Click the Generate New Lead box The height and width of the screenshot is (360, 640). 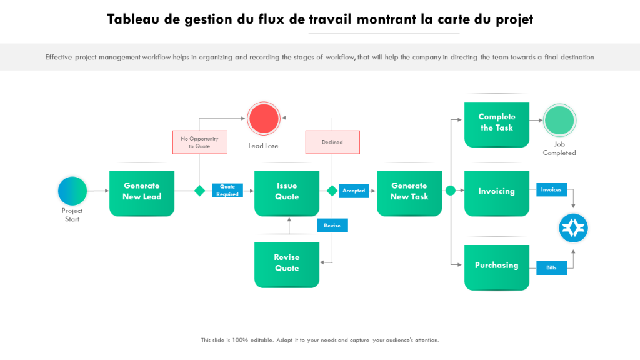[142, 192]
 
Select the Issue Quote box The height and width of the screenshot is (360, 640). [287, 192]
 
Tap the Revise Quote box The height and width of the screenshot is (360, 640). [287, 264]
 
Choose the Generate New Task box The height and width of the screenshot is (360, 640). [409, 192]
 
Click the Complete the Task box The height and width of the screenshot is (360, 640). [497, 123]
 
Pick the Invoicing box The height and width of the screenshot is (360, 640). [497, 192]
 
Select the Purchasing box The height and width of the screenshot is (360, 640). [497, 266]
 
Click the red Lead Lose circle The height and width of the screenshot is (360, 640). [263, 118]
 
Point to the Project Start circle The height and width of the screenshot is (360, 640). [72, 191]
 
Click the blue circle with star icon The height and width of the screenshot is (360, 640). [573, 228]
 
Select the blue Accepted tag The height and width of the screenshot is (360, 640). [354, 191]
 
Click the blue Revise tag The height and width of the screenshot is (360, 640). [332, 226]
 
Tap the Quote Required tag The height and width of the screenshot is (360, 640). [227, 191]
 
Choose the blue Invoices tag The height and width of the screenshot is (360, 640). [551, 190]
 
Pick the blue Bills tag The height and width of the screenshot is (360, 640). [551, 267]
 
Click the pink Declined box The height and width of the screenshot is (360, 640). [332, 142]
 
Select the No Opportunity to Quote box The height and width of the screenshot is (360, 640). [199, 142]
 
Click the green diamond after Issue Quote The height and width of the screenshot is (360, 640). [332, 191]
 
